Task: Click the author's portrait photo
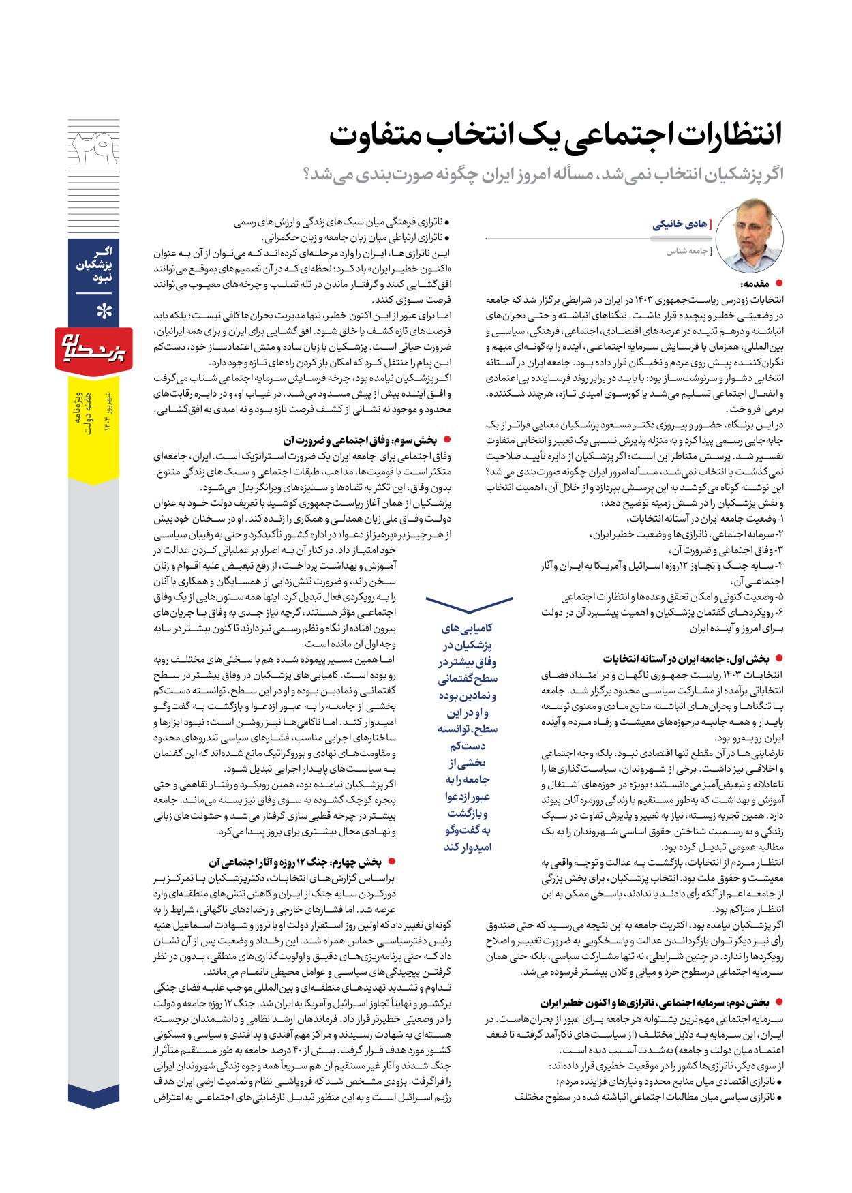(x=749, y=236)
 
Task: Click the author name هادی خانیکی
(x=679, y=224)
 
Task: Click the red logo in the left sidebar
(x=93, y=350)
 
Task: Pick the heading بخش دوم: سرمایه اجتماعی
(x=655, y=1002)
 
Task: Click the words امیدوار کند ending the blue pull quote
(x=468, y=847)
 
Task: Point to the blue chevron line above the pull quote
(x=469, y=604)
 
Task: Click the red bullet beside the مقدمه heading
(x=779, y=283)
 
